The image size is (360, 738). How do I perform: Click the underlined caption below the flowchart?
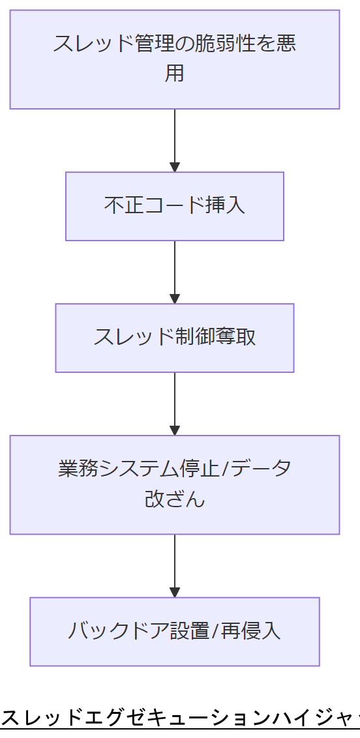coord(180,718)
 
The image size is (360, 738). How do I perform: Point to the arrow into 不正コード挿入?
coord(175,140)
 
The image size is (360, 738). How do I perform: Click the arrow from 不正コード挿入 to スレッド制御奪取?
coord(175,272)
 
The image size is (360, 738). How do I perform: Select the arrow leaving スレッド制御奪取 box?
coord(175,404)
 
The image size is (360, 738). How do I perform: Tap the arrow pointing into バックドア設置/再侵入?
coord(175,565)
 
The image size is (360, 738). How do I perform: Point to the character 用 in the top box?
coord(175,73)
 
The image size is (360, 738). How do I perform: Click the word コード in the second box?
coord(174,205)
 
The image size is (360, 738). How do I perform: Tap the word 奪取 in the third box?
coord(239,337)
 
